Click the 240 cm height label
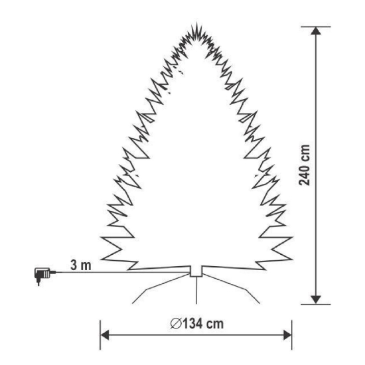click(305, 165)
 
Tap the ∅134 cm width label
click(197, 324)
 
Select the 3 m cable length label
click(81, 265)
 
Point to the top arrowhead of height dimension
click(316, 31)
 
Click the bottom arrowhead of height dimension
click(316, 300)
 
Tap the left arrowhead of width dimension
click(104, 335)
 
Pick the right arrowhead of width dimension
click(287, 335)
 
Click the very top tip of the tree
click(196, 23)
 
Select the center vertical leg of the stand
click(196, 290)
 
